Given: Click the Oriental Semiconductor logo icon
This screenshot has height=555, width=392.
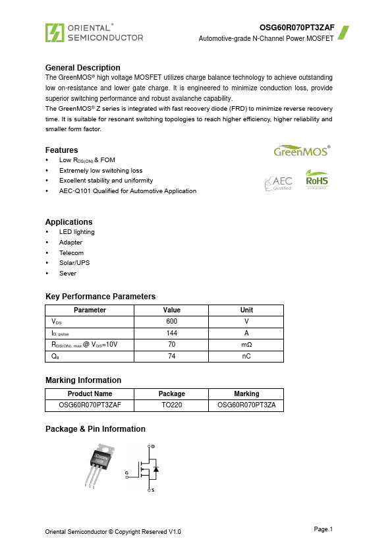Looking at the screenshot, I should click(55, 32).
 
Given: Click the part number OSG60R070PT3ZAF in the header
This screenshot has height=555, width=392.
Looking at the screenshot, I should click(296, 28).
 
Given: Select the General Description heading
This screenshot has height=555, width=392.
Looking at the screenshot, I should click(82, 68).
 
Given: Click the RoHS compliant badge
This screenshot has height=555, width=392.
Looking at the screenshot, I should click(316, 179).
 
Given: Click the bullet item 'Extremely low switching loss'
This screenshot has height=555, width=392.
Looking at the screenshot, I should click(101, 170).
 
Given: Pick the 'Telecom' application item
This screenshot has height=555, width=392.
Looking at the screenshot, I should click(72, 252).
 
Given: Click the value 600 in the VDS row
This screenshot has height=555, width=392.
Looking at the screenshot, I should click(171, 322).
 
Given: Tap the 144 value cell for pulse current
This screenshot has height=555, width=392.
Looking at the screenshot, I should click(171, 333).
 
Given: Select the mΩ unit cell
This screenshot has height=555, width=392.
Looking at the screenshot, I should click(246, 345).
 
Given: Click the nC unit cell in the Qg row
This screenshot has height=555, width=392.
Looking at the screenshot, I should click(246, 356).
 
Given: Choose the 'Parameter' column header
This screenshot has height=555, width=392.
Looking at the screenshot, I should click(90, 310).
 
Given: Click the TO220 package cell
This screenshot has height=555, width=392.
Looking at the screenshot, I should click(171, 405).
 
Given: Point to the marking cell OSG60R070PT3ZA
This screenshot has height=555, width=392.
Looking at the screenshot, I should click(246, 405).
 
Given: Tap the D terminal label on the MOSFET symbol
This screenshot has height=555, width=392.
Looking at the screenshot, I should click(153, 447).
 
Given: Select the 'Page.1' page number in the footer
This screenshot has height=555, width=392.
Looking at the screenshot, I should click(323, 529).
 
